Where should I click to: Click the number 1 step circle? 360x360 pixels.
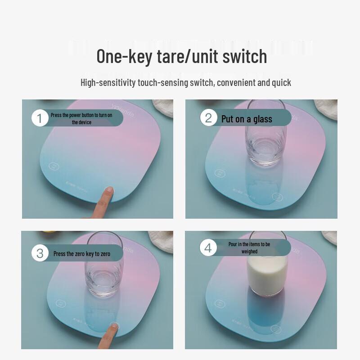click(x=40, y=118)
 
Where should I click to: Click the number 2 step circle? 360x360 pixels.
click(x=208, y=118)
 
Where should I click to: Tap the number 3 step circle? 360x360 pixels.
click(x=40, y=253)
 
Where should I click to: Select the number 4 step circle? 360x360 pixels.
click(x=208, y=247)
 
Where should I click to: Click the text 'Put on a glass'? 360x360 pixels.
click(x=247, y=119)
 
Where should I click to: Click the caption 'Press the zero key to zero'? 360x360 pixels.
click(x=82, y=254)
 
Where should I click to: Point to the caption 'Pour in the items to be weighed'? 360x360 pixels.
click(x=249, y=247)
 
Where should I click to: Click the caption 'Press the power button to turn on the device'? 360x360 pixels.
click(x=81, y=119)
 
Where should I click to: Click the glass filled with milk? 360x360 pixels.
click(x=268, y=272)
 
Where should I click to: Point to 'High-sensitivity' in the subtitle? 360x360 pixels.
click(x=108, y=83)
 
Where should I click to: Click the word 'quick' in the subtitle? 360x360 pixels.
click(x=281, y=83)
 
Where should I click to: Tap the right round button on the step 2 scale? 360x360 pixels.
click(x=277, y=197)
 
